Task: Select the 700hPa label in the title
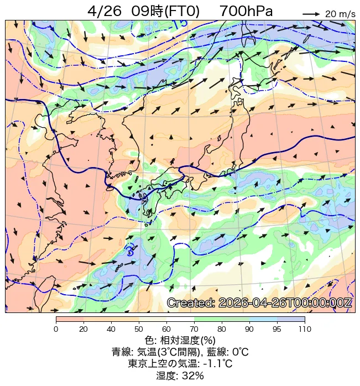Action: pyautogui.click(x=246, y=12)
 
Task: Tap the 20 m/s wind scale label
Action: pyautogui.click(x=340, y=14)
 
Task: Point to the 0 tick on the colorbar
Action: pyautogui.click(x=56, y=329)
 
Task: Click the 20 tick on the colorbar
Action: pyautogui.click(x=84, y=329)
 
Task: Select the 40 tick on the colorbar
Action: pyautogui.click(x=111, y=329)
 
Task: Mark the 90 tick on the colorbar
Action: pyautogui.click(x=249, y=329)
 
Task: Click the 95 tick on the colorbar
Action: pyautogui.click(x=277, y=329)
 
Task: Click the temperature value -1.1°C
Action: pyautogui.click(x=217, y=364)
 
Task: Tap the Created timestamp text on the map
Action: pyautogui.click(x=259, y=302)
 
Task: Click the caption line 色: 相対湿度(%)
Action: pyautogui.click(x=180, y=340)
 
